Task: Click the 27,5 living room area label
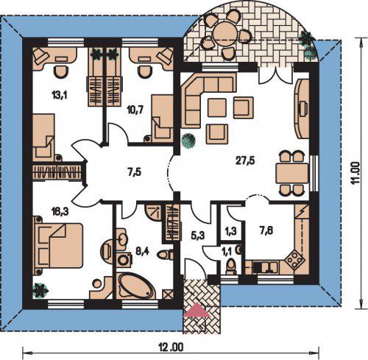(x=244, y=160)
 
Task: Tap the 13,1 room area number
(x=60, y=94)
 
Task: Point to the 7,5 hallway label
(x=134, y=172)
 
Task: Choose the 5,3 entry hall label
(x=197, y=236)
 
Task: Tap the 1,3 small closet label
(x=231, y=231)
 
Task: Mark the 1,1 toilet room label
(x=227, y=251)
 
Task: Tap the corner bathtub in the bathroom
(x=135, y=286)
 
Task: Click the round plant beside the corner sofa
(x=188, y=141)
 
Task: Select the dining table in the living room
(x=292, y=173)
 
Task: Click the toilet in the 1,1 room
(x=231, y=267)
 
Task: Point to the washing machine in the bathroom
(x=123, y=261)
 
